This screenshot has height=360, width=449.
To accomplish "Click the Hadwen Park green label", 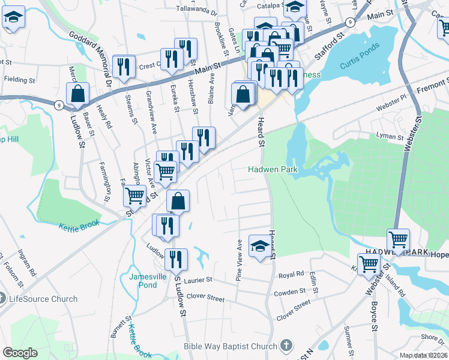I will click(x=273, y=170).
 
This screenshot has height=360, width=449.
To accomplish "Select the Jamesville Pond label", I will click(x=143, y=281).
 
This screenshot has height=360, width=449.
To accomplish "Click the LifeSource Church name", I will click(x=43, y=299).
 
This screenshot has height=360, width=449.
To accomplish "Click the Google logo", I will click(x=20, y=353).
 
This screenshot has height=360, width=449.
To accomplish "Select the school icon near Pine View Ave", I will click(x=259, y=245).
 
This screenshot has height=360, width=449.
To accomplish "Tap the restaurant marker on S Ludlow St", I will click(x=176, y=259).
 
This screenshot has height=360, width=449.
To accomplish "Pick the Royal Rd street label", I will click(x=292, y=275).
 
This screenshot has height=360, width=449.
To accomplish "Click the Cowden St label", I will click(x=290, y=292).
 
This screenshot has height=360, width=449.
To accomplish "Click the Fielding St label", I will click(x=20, y=79).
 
